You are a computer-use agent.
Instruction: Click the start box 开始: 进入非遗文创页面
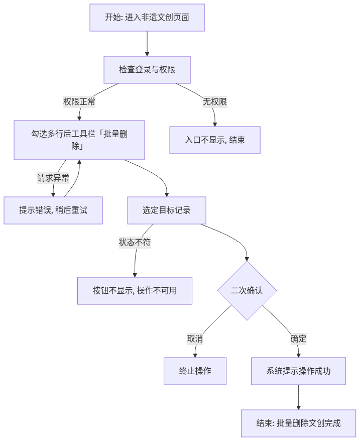pos(147,18)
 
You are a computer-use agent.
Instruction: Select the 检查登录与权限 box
pos(147,70)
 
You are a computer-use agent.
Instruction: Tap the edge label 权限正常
pos(79,102)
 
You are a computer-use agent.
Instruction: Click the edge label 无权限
pos(215,102)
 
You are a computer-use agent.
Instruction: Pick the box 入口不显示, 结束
pos(215,140)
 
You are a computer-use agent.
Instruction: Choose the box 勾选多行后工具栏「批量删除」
pos(79,140)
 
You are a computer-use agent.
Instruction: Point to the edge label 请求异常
pos(53,178)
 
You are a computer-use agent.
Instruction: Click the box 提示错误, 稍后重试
pos(53,210)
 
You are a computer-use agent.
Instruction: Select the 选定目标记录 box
pos(167,210)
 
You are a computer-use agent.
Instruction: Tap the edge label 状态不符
pos(135,243)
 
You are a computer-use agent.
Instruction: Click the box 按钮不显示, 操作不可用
pos(135,291)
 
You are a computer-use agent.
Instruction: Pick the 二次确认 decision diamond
pos(247,291)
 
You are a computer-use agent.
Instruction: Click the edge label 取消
pos(195,339)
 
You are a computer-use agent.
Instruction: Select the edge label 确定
pos(298,339)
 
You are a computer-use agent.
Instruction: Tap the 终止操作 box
pos(195,371)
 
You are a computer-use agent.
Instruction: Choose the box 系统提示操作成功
pos(298,371)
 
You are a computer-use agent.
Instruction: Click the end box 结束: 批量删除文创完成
pos(298,423)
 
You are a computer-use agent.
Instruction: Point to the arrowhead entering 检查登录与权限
pos(147,54)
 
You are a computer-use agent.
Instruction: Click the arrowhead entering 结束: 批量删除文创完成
pos(298,407)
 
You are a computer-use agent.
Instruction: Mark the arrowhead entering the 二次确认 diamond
pos(247,259)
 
